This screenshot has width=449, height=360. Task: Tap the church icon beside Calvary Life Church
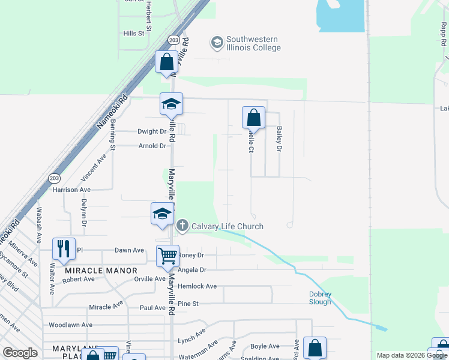click(182, 226)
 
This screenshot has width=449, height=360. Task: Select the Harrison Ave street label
click(71, 190)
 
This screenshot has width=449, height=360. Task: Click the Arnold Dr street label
click(152, 146)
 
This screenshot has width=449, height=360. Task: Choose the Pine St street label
click(187, 304)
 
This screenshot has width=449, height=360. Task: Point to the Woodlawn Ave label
click(70, 325)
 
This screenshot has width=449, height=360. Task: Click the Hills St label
click(134, 34)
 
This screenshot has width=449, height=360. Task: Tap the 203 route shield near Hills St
click(173, 40)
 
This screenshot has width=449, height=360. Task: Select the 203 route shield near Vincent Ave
click(53, 179)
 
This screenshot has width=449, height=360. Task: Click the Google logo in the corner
click(20, 353)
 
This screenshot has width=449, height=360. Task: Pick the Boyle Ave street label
click(265, 346)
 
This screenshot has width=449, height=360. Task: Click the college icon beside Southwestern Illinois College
click(216, 42)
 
